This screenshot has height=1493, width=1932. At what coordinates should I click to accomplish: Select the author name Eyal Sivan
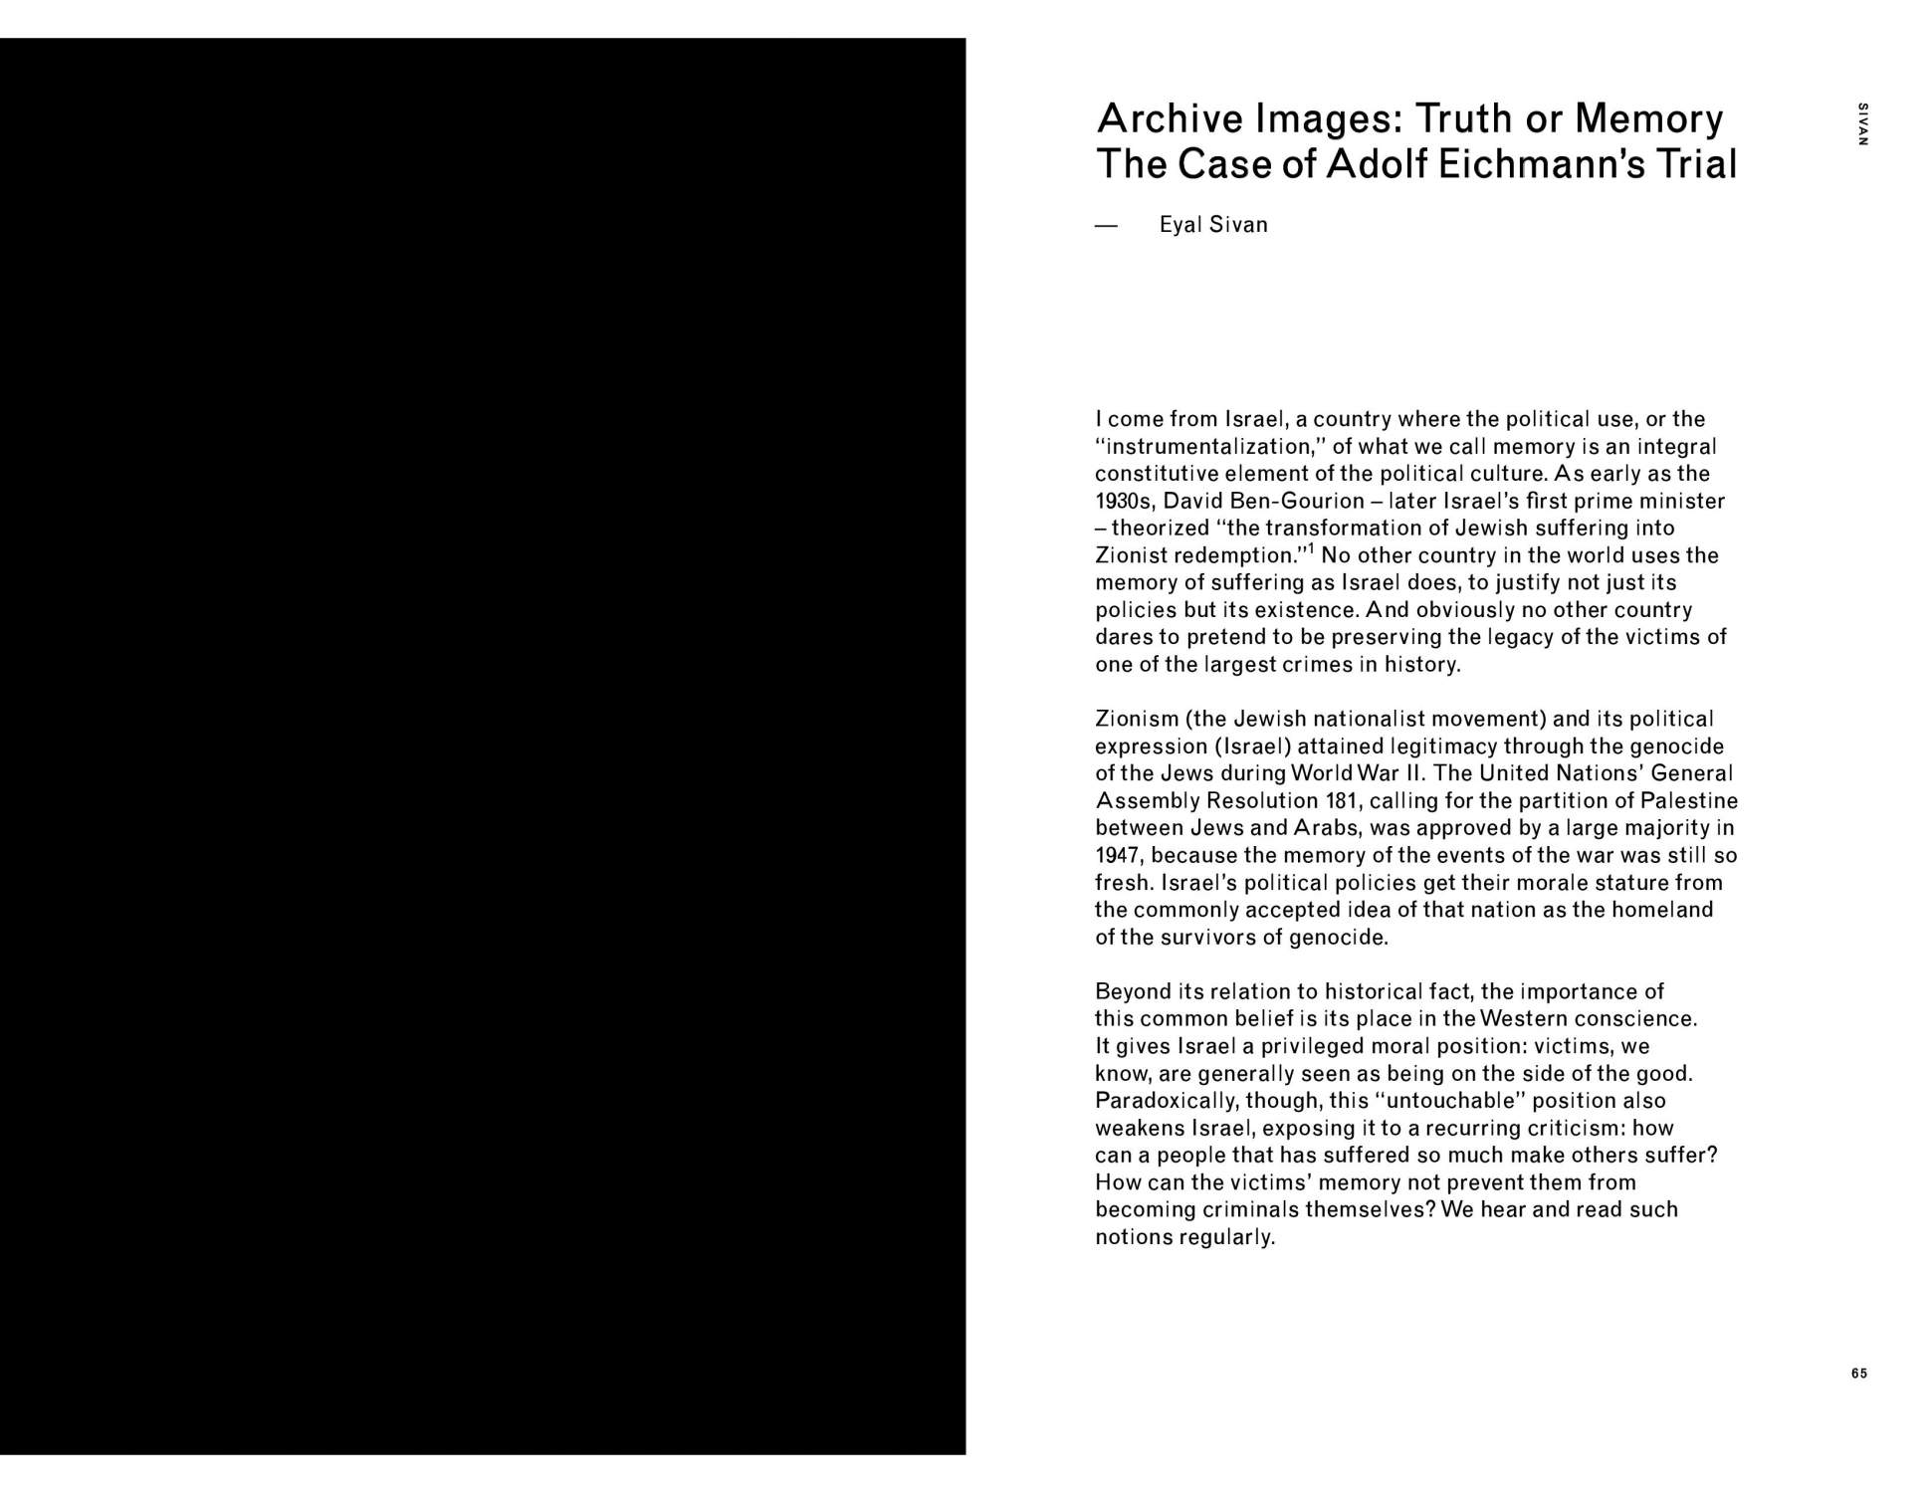click(x=1213, y=225)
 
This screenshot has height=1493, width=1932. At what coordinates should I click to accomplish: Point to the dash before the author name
click(x=1107, y=226)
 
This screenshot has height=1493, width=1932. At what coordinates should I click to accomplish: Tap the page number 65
click(x=1859, y=1374)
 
